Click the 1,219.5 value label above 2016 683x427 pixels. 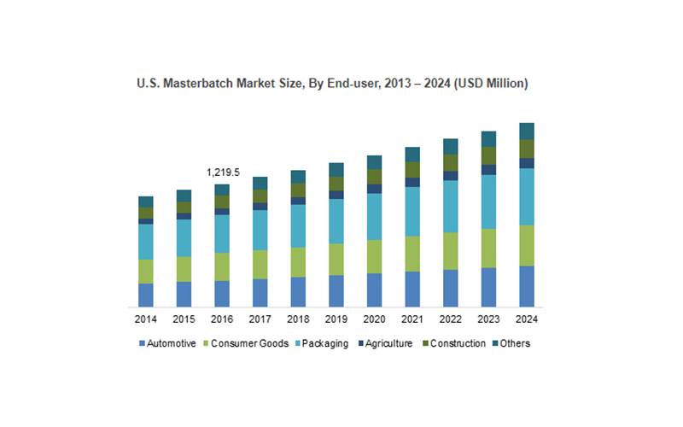tap(223, 173)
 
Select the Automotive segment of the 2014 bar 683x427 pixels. tap(146, 295)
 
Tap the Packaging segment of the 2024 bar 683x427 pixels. tap(527, 196)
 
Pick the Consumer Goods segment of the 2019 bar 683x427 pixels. tap(336, 259)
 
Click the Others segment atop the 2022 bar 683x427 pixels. tap(451, 146)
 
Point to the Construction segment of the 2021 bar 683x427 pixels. tap(412, 169)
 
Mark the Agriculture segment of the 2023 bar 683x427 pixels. tap(488, 169)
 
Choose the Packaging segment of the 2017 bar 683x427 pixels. tap(260, 230)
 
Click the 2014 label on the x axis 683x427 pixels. tap(146, 319)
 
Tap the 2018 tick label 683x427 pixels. tap(298, 319)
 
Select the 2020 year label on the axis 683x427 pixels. tap(374, 319)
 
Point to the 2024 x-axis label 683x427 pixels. tap(527, 319)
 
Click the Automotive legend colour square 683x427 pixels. tap(141, 344)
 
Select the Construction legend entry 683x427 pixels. tap(458, 344)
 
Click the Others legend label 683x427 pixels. tap(516, 344)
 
